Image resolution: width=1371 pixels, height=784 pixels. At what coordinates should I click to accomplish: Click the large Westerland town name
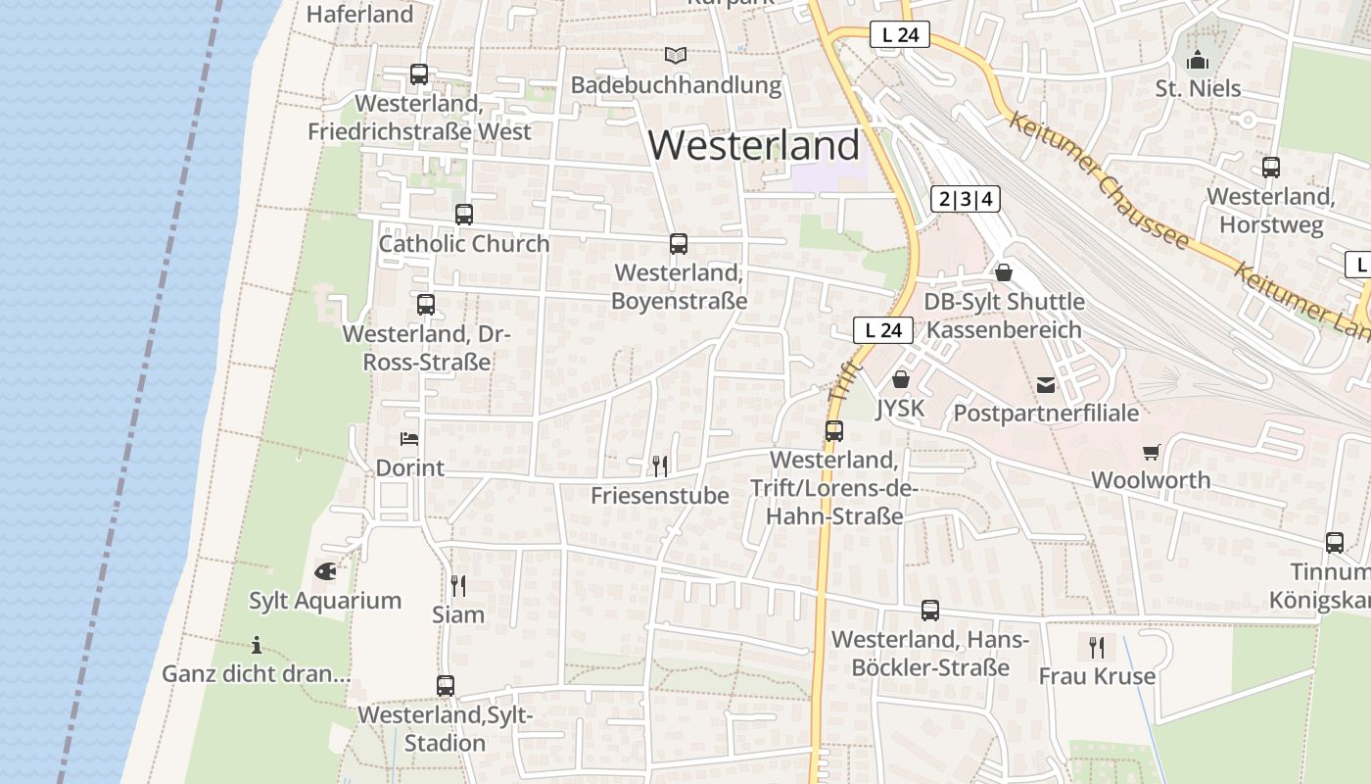(754, 145)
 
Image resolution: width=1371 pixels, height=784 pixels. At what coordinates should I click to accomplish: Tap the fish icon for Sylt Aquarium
(325, 570)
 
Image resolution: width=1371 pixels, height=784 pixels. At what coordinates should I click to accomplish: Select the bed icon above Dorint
(409, 438)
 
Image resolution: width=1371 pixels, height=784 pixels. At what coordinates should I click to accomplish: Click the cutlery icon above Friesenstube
(660, 465)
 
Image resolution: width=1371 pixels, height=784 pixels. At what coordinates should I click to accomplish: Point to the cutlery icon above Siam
(457, 585)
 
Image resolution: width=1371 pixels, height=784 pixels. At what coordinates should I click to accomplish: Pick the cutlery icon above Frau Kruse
(1097, 647)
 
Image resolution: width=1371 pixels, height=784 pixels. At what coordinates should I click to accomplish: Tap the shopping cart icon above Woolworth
(1151, 452)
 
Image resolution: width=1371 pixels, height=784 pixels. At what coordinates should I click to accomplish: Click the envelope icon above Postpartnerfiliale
(1046, 384)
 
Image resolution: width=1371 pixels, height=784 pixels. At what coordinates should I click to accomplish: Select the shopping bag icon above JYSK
(900, 379)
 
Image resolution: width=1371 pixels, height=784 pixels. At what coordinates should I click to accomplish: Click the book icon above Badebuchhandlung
(676, 55)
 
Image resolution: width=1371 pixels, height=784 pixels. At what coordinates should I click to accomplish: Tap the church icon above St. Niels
(1197, 61)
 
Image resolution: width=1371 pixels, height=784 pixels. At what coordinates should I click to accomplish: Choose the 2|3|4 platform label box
(965, 200)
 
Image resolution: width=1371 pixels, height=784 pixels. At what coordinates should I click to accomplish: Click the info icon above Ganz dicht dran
(257, 645)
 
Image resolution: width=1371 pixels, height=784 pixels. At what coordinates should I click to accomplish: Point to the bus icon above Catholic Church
(464, 214)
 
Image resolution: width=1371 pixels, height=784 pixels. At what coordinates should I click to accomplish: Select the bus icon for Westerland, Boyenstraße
(679, 243)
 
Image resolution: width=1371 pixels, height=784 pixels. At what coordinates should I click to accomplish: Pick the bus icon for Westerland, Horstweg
(1270, 167)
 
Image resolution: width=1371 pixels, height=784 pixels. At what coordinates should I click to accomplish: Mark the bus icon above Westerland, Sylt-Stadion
(446, 685)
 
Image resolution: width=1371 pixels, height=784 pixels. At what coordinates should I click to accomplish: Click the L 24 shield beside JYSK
(883, 330)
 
